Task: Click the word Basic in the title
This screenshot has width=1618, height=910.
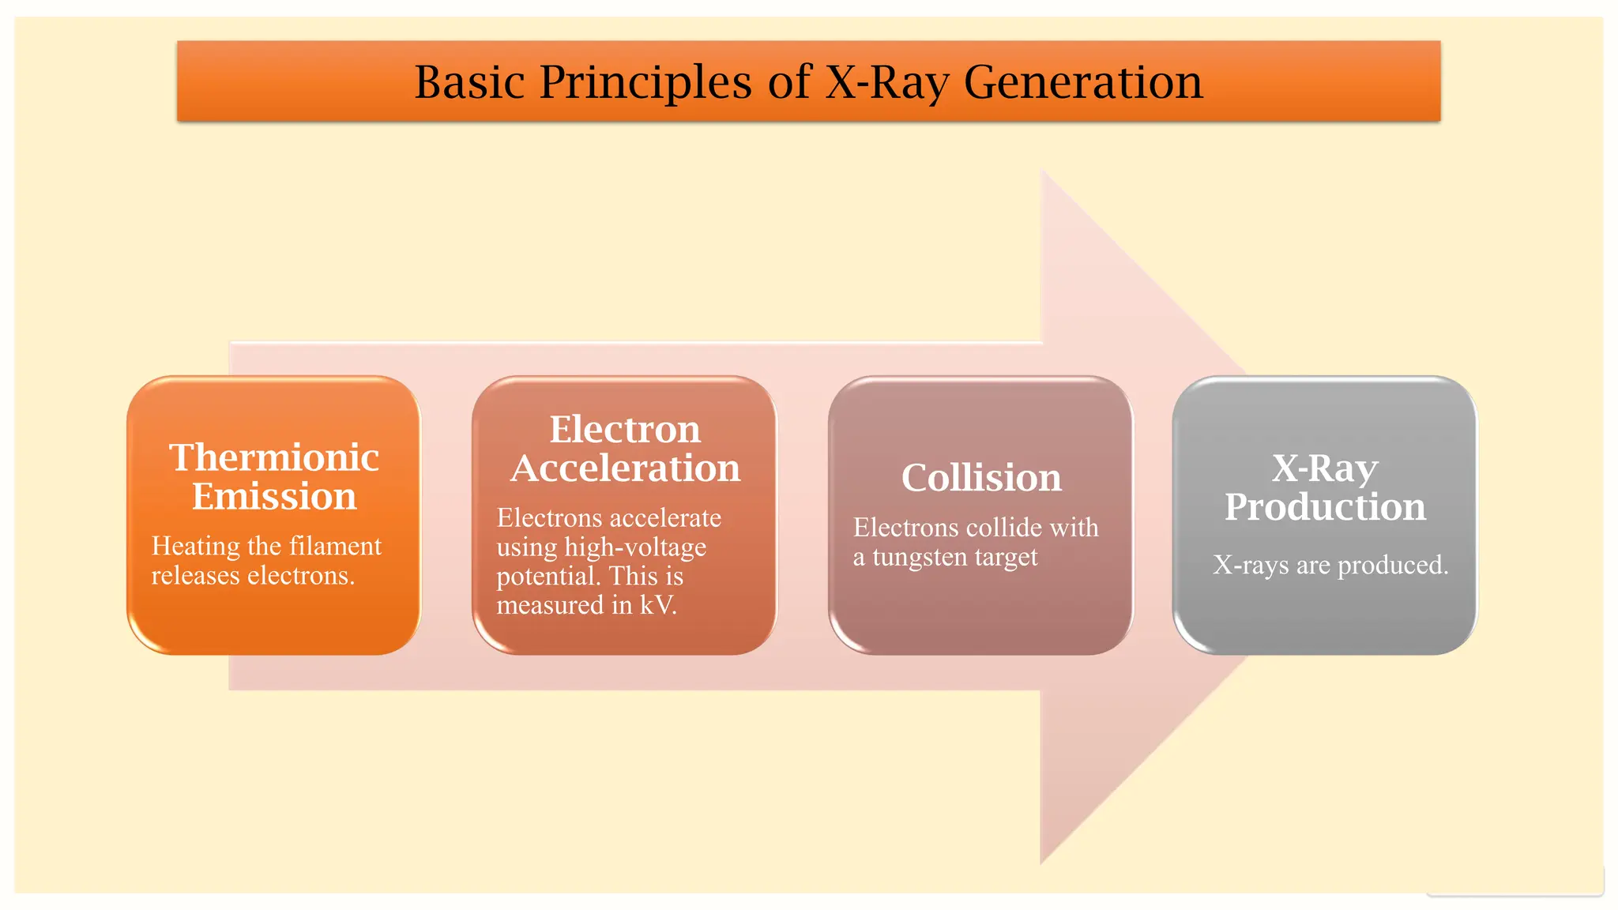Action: tap(469, 82)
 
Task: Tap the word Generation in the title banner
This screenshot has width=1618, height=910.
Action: tap(1083, 82)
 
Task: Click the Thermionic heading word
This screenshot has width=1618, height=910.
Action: tap(274, 458)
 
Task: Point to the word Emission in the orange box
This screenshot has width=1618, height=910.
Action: tap(274, 497)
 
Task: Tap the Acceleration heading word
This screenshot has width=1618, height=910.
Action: tap(625, 468)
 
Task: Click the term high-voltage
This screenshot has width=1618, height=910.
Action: tap(634, 547)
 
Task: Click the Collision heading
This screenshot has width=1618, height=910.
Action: tap(981, 478)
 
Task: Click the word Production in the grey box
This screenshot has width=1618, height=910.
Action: tap(1325, 507)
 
